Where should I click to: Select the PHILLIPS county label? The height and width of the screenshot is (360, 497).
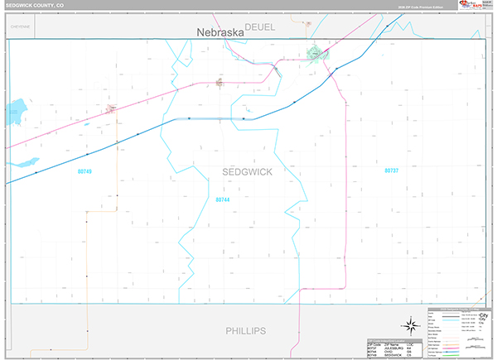click(x=246, y=330)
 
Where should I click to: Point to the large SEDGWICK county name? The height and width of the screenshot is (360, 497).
click(x=247, y=170)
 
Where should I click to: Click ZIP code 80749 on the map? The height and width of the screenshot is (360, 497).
click(x=83, y=171)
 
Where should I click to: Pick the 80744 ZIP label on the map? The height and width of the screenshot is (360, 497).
click(x=222, y=199)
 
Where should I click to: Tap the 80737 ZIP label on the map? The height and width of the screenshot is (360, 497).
click(x=391, y=170)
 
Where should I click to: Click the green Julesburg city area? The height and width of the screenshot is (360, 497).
click(x=315, y=55)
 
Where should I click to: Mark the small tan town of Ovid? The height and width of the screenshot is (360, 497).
click(x=220, y=81)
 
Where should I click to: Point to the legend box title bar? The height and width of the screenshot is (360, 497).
click(x=455, y=307)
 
